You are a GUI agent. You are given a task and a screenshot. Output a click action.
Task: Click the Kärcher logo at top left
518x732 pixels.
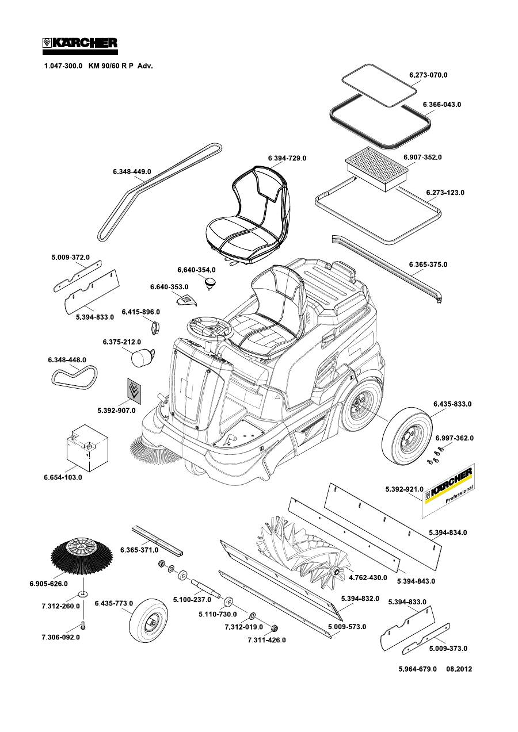(81, 43)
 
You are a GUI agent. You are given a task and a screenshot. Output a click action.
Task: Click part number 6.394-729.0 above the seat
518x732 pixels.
(287, 158)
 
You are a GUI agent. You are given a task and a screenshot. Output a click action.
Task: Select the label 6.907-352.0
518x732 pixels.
(422, 157)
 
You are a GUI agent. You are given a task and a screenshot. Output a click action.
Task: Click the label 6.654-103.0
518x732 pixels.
(63, 477)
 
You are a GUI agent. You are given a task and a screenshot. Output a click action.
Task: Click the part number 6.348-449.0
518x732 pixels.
(132, 171)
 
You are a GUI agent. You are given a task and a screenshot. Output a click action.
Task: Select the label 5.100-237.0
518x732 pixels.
(192, 600)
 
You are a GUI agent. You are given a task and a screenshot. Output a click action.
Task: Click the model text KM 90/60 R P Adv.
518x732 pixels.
(120, 66)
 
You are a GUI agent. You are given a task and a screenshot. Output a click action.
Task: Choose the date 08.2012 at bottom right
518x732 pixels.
(459, 669)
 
